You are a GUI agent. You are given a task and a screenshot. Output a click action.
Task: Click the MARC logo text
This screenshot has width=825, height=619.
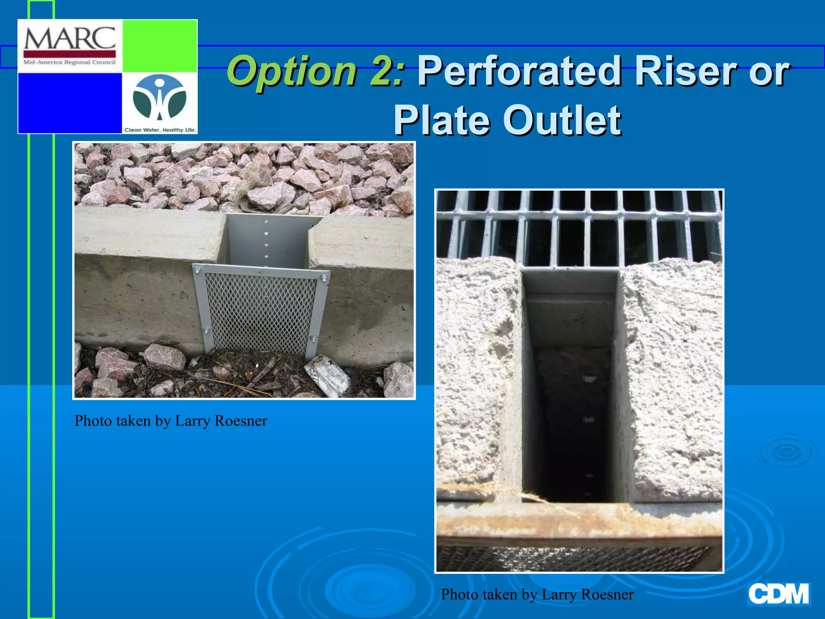point(70,39)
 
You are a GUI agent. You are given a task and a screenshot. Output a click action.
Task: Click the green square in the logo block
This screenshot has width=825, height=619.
point(160,46)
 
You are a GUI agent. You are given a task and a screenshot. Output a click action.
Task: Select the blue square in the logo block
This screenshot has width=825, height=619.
point(70,103)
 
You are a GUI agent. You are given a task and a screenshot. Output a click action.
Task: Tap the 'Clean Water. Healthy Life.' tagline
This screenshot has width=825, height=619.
point(160,130)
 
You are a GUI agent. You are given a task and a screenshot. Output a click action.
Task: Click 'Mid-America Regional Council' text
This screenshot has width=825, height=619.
point(70,62)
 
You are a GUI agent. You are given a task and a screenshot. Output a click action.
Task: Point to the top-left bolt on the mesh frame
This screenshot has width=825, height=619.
point(197,269)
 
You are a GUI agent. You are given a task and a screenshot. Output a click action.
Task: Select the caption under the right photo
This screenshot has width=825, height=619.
point(537,594)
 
